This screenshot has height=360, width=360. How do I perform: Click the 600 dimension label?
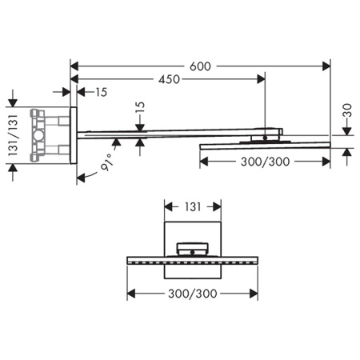click(200, 66)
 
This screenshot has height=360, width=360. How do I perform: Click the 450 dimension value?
click(169, 79)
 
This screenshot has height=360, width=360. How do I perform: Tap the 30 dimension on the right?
click(347, 110)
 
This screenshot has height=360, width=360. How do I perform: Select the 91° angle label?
click(107, 162)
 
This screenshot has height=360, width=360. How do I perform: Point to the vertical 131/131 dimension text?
click(13, 135)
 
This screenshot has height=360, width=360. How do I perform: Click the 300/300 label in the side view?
click(265, 162)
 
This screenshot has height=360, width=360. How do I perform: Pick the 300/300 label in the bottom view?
click(193, 294)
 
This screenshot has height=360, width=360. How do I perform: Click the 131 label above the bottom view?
click(193, 207)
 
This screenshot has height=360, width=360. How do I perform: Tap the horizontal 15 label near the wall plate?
click(102, 92)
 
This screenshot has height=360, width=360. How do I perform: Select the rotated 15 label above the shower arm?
click(140, 108)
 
